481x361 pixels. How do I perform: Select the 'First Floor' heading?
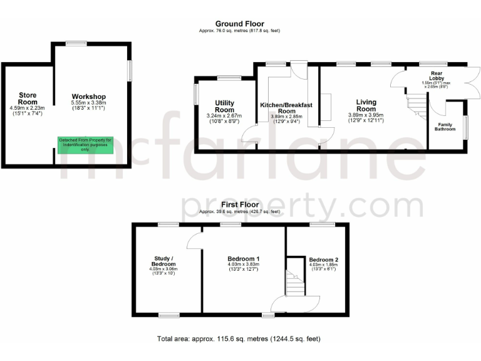[240, 205]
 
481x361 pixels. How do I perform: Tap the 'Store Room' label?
[28, 98]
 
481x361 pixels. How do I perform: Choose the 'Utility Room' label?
[224, 106]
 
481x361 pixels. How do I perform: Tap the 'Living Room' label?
[366, 105]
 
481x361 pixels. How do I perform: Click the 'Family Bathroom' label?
[445, 128]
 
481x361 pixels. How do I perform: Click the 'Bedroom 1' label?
[244, 259]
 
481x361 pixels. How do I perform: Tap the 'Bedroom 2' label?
[323, 259]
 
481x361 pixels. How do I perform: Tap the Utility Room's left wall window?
[195, 95]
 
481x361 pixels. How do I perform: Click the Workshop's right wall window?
[130, 70]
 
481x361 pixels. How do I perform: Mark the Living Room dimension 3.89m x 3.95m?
[366, 115]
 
